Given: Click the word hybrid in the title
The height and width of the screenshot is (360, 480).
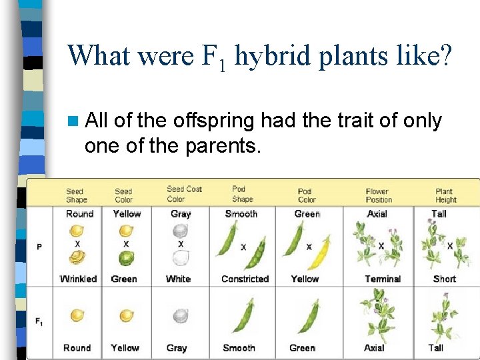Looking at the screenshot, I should click(272, 56).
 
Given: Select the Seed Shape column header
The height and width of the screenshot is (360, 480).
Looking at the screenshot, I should click(76, 195).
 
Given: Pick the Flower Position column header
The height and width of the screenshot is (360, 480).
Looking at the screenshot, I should click(377, 195).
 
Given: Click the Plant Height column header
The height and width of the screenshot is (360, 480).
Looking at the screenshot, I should click(446, 195).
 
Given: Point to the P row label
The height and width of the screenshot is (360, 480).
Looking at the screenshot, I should click(39, 247).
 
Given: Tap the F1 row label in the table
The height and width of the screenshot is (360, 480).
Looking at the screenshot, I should click(40, 321).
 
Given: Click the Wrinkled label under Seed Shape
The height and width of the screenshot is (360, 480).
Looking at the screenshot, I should click(79, 279).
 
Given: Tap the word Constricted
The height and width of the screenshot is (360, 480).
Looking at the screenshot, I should click(245, 279).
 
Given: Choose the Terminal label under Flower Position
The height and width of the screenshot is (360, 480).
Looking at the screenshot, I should click(383, 279).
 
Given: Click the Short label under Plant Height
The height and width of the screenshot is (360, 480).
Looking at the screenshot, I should click(445, 279).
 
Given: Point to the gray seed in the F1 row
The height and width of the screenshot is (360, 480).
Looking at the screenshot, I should click(179, 316).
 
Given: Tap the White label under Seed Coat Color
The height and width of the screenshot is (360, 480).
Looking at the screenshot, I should click(178, 279).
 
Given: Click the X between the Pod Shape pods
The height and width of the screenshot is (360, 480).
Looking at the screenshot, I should click(243, 247).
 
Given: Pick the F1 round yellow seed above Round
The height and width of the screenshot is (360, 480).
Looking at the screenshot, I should click(77, 315).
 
